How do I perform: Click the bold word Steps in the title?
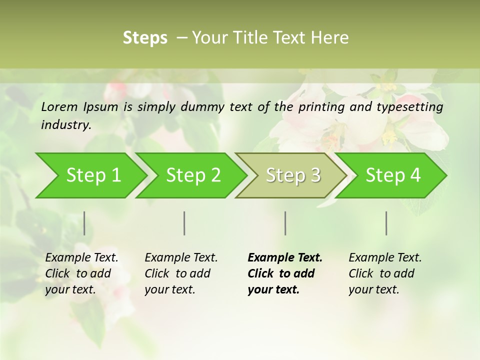click(145, 38)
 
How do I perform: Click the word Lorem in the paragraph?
click(60, 106)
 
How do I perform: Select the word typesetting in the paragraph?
click(410, 107)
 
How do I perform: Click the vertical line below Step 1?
click(84, 223)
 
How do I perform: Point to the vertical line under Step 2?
click(184, 223)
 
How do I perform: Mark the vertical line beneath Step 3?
click(285, 223)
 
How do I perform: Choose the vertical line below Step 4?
click(386, 223)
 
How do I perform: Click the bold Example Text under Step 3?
click(285, 273)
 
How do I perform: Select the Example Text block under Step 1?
click(81, 273)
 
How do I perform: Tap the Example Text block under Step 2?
click(181, 273)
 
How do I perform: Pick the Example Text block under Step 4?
click(385, 273)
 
